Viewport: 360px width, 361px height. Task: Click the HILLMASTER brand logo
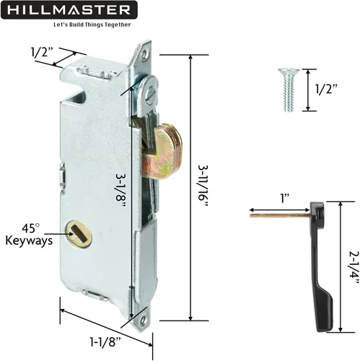coord(71,10)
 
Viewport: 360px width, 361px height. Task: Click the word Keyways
coord(29,241)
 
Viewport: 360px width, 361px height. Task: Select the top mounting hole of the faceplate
coord(146,52)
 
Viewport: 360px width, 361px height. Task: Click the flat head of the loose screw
coord(286,73)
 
